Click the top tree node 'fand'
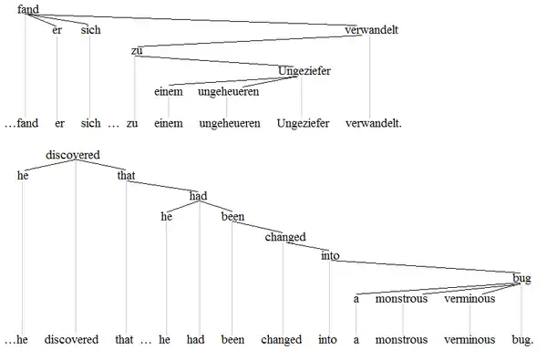(x=28, y=9)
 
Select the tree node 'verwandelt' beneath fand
(x=372, y=30)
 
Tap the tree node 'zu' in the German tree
(x=137, y=50)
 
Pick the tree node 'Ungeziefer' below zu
(x=304, y=71)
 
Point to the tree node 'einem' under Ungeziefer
(x=169, y=92)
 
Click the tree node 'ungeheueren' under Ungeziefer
(x=229, y=92)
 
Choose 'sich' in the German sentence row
(x=90, y=123)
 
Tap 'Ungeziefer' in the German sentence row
(x=303, y=123)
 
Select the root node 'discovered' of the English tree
(x=73, y=155)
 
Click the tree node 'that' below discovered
(x=126, y=176)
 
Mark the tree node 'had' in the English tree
(x=198, y=196)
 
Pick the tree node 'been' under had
(x=232, y=217)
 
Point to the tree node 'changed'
(x=285, y=237)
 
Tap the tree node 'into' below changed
(x=330, y=256)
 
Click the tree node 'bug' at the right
(x=521, y=278)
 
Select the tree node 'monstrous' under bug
(x=401, y=299)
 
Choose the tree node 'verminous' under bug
(x=470, y=299)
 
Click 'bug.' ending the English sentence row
(x=522, y=340)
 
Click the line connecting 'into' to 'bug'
(x=425, y=266)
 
